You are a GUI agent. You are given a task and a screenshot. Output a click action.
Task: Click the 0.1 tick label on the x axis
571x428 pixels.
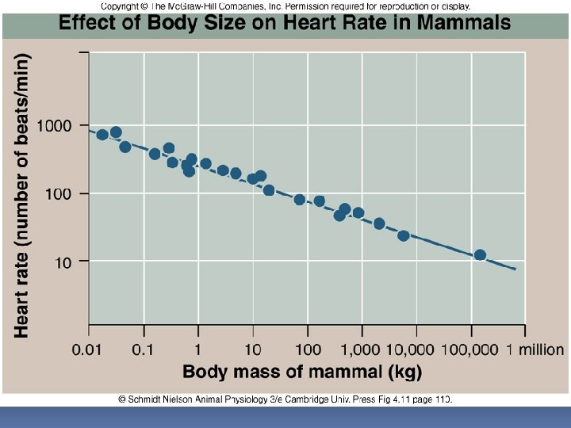[x=144, y=350]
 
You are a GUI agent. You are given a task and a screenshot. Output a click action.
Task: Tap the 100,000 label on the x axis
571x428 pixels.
[x=472, y=350]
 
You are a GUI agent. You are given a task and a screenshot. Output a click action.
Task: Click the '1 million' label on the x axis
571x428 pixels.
[x=535, y=350]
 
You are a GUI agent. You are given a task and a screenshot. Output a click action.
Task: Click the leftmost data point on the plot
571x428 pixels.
[x=102, y=135]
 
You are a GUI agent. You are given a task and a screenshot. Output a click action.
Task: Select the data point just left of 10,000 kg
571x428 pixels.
[x=404, y=235]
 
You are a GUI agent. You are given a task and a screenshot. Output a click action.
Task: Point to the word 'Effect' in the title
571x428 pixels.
[x=89, y=23]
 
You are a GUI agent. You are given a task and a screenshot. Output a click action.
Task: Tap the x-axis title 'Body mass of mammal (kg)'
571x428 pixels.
[x=302, y=372]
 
